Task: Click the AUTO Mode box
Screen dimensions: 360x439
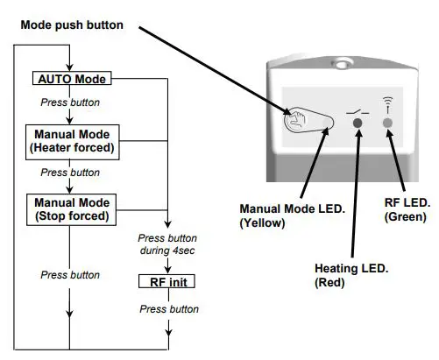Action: [72, 79]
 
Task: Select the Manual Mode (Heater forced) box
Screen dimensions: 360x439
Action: [72, 141]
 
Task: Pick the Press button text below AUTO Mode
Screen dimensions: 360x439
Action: [71, 102]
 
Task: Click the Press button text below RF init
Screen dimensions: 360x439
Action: [169, 309]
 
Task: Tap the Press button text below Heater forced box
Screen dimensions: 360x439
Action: [71, 173]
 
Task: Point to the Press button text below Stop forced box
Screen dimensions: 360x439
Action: [71, 275]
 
